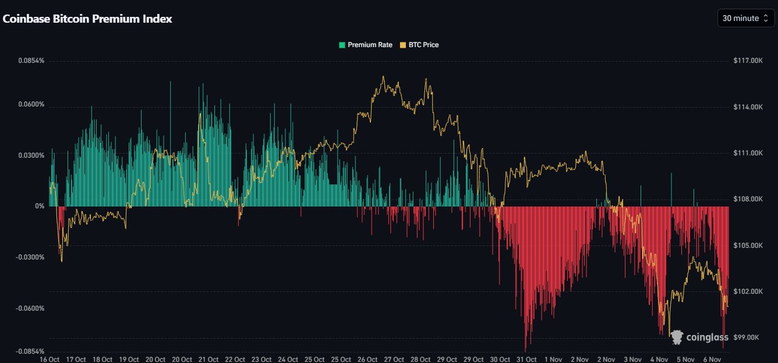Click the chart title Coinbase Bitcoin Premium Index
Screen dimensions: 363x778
tap(87, 19)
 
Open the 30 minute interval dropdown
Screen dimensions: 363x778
tap(745, 19)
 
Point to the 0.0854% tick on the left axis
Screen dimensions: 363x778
tap(31, 61)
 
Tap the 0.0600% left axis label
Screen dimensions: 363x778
tap(31, 105)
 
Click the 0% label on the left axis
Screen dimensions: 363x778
tap(39, 207)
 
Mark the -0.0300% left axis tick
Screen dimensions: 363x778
tap(30, 257)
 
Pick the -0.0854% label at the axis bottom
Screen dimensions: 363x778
tap(30, 351)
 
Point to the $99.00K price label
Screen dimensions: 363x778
tap(749, 337)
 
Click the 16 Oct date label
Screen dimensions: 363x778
tap(49, 359)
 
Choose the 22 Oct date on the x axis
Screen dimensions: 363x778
tap(235, 359)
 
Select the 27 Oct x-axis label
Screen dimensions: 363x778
tap(394, 359)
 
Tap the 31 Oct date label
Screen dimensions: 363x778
tap(526, 359)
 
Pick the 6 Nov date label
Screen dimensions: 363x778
tap(712, 359)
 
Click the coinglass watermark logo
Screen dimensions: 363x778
tap(700, 337)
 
